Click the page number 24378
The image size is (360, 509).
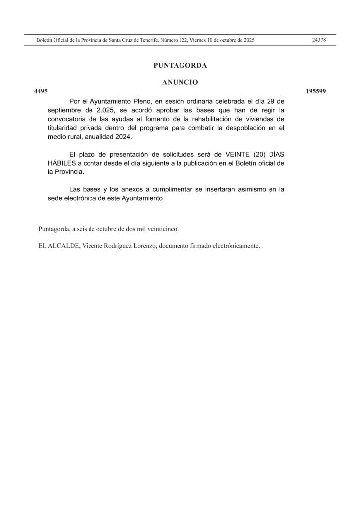tap(318, 40)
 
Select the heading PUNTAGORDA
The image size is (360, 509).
tap(180, 65)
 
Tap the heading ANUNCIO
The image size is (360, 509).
tap(180, 82)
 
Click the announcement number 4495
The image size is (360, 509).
tap(40, 91)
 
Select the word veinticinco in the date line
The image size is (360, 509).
tap(163, 229)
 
